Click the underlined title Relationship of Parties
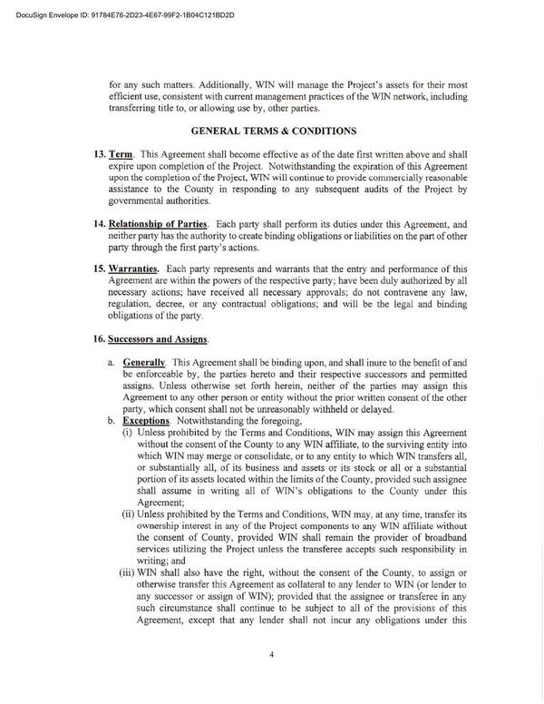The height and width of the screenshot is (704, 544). point(162,223)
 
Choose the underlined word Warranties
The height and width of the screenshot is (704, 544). point(138,269)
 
